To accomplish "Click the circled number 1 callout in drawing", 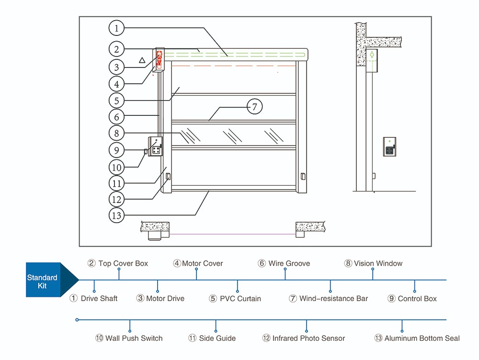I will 116,28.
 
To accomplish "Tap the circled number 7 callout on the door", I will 255,107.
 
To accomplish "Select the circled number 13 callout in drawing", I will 116,215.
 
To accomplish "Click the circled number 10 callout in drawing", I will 116,167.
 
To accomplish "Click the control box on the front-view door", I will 155,146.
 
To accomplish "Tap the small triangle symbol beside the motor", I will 142,60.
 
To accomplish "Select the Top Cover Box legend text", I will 118,263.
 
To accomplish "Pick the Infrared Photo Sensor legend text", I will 304,338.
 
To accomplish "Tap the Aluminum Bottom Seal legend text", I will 417,338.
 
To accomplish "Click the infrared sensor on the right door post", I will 302,176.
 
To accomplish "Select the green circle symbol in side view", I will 372,55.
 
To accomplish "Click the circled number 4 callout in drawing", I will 116,84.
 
